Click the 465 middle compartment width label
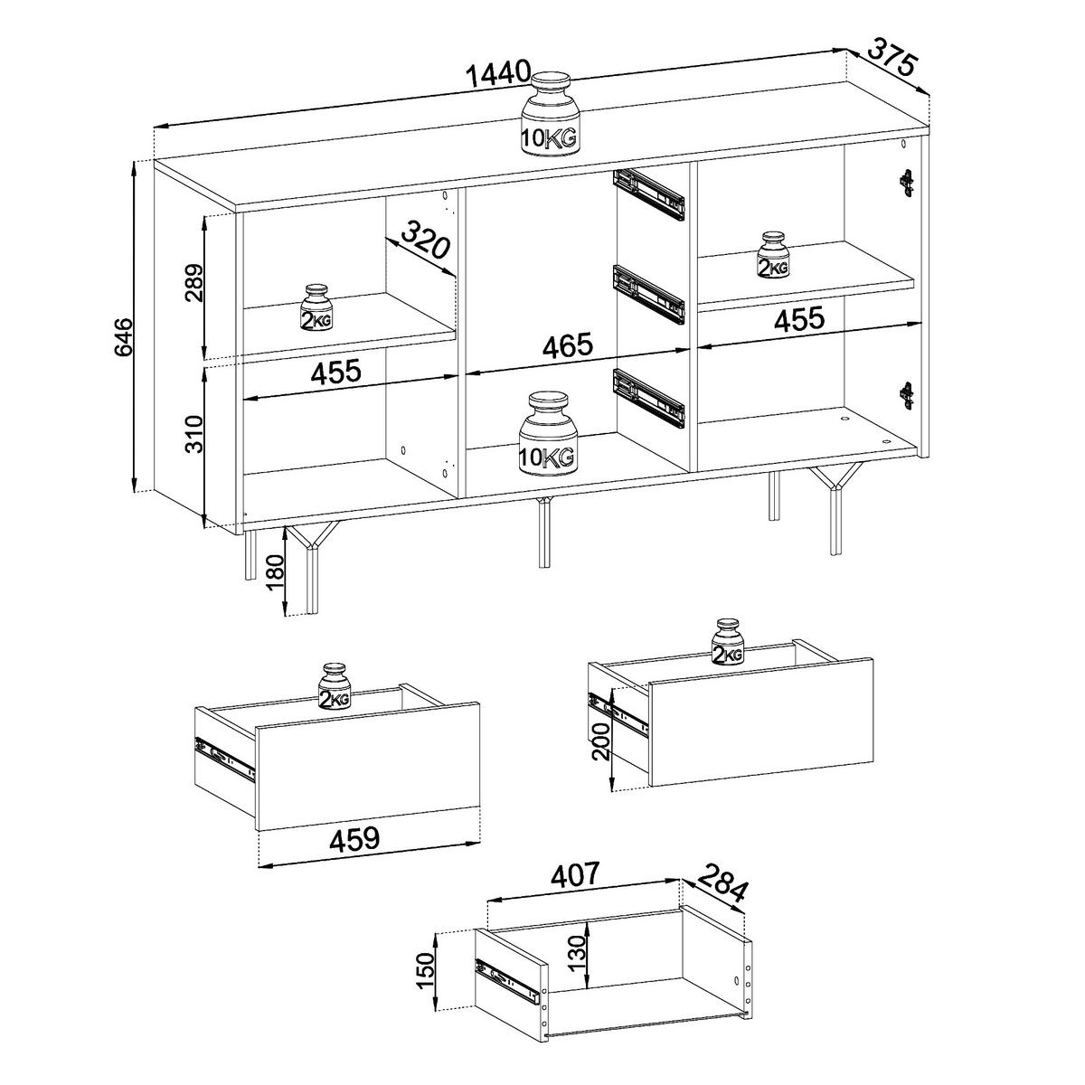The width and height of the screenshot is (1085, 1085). (568, 345)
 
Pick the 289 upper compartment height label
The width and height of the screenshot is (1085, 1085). (194, 283)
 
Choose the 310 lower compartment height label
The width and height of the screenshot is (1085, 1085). (194, 434)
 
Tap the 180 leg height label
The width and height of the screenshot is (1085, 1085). (276, 571)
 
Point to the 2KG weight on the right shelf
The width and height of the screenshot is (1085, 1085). (773, 254)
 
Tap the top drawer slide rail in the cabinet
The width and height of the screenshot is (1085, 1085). (648, 194)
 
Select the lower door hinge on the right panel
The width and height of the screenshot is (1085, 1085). (906, 394)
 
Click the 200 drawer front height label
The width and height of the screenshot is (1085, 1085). (601, 741)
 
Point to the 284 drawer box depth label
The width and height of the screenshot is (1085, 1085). (722, 896)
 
